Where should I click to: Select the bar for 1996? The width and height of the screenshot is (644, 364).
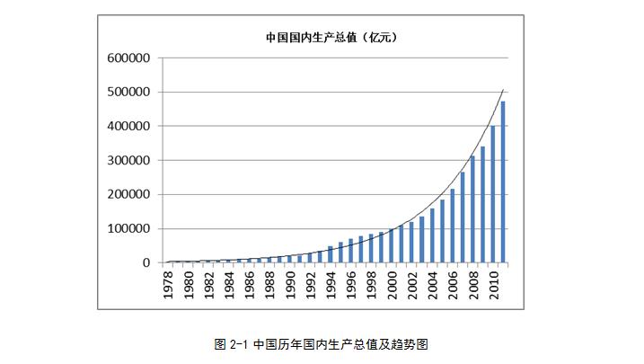[351, 251]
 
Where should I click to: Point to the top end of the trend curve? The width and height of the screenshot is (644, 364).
[503, 90]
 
